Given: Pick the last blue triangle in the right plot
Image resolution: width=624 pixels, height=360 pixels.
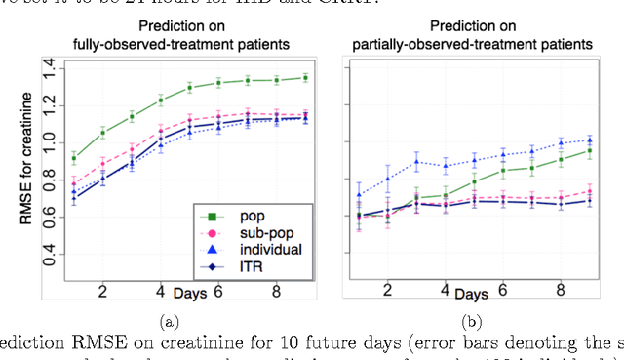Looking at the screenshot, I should point(588,140).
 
